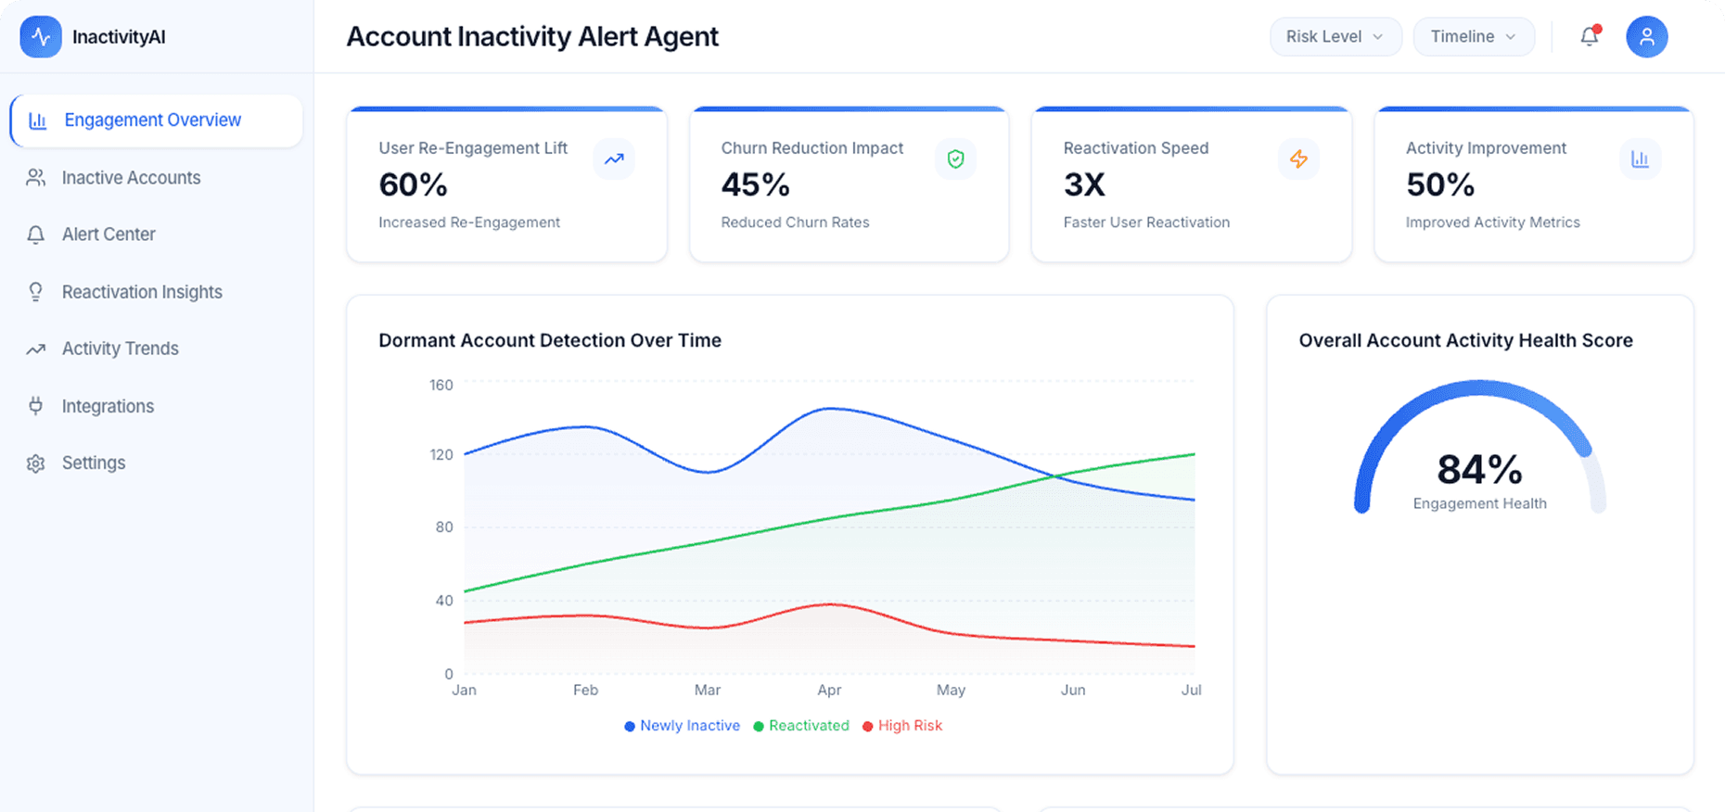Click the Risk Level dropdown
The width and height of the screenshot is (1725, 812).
tap(1335, 37)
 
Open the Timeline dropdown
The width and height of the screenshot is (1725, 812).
tap(1473, 37)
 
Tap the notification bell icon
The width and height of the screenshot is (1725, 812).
tap(1590, 37)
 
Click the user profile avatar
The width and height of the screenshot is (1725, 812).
tap(1646, 37)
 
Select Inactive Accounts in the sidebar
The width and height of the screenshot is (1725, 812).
tap(131, 178)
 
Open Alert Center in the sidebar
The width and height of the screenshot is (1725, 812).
tap(109, 235)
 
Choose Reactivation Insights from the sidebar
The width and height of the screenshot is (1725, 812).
tap(142, 292)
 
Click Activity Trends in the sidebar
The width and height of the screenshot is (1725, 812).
tap(120, 349)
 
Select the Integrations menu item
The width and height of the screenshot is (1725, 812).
tap(108, 406)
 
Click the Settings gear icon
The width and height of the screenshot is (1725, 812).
tap(36, 463)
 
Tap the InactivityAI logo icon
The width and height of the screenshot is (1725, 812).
tap(41, 37)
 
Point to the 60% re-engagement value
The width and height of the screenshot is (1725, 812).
tap(413, 185)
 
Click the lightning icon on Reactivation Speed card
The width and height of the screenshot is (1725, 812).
tap(1298, 159)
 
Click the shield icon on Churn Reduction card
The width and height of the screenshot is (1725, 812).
tap(955, 159)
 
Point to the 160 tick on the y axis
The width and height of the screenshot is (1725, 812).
tap(441, 385)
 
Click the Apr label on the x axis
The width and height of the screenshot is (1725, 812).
tap(829, 690)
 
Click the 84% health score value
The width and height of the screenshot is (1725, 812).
tap(1479, 469)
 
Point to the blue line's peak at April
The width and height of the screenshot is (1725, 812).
tap(830, 409)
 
